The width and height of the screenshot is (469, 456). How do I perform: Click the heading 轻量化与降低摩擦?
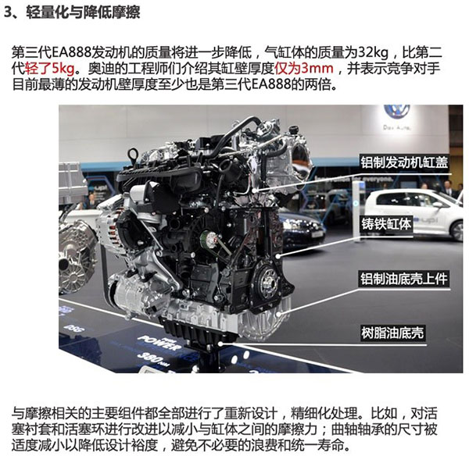point(83,12)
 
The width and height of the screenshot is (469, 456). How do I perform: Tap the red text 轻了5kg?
point(50,69)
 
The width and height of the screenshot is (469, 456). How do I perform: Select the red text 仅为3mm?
point(304,69)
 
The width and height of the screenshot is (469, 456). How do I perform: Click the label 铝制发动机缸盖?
point(404,162)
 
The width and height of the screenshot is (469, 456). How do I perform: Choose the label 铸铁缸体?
point(386,224)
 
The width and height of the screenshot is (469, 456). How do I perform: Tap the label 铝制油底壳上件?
point(404,279)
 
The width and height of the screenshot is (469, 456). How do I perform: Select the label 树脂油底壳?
point(392,333)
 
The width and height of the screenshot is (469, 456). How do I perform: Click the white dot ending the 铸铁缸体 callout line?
point(277,256)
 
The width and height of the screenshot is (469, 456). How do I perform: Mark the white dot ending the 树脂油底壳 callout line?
point(220,344)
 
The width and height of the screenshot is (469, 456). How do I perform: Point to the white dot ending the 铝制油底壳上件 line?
point(278,314)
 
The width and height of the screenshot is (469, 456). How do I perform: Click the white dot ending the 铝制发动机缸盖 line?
point(255,190)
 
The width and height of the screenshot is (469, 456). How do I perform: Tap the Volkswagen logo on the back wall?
point(396,112)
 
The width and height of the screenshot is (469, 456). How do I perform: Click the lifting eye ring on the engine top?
point(133,155)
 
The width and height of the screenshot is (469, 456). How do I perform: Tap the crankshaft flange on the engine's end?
point(267,280)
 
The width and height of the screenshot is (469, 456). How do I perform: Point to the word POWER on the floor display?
point(159,343)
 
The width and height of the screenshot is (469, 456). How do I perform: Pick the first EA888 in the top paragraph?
point(72,53)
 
